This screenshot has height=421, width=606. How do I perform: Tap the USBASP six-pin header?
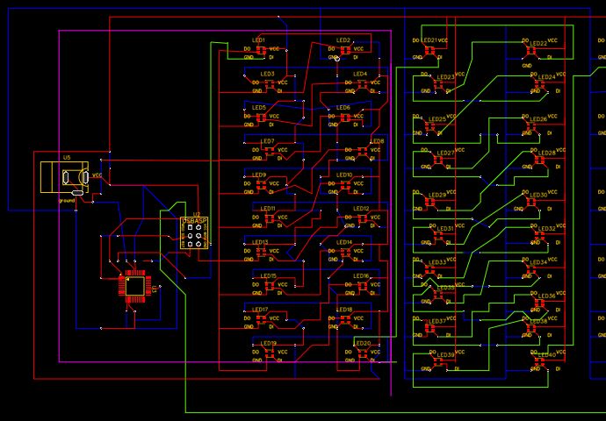point(192,233)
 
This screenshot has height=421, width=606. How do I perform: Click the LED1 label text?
point(259,40)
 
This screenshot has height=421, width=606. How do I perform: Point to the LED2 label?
point(343,40)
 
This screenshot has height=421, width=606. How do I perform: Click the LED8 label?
point(377,141)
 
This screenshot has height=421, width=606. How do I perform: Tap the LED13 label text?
point(260,242)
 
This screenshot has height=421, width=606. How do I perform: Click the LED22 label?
point(537,43)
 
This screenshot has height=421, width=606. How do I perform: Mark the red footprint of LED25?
point(431,128)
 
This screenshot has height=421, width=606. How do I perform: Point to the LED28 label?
point(546,153)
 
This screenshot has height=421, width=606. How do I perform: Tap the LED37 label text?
point(436,321)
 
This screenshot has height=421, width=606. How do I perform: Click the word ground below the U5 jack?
point(67,200)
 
